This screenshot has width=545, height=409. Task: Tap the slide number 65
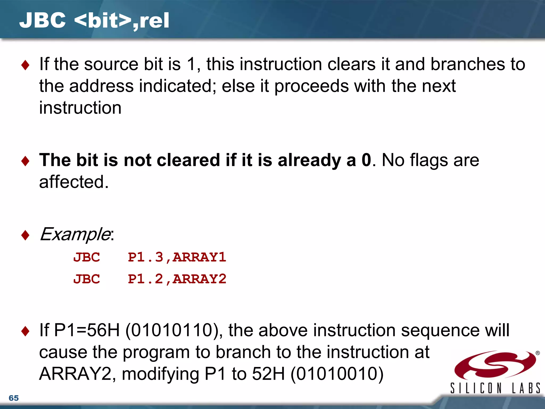[14, 398]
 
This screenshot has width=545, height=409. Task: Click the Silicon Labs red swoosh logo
[495, 365]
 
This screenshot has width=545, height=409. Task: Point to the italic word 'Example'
[75, 234]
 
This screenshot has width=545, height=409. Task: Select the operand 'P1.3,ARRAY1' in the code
[177, 257]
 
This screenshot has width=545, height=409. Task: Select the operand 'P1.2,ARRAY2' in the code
[177, 279]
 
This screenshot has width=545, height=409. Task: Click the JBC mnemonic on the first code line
[86, 257]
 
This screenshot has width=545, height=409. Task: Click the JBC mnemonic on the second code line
[86, 279]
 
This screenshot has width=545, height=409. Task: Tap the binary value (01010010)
[337, 374]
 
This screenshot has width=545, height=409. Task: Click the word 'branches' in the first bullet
[468, 64]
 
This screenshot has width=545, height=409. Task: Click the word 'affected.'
[74, 182]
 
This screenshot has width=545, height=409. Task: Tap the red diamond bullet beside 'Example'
[25, 235]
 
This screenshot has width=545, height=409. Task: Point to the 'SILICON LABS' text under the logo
[495, 388]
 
